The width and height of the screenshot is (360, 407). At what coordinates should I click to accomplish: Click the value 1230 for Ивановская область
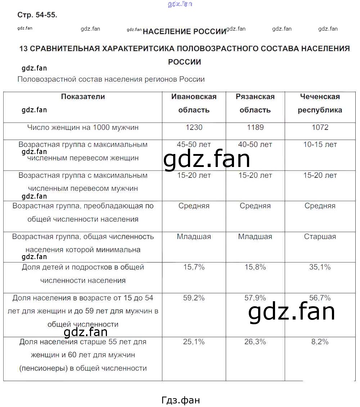click(194, 127)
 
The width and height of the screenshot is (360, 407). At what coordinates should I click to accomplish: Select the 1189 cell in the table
click(255, 127)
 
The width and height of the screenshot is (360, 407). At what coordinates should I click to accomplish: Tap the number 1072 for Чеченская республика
click(320, 127)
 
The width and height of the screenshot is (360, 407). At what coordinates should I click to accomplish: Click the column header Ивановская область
click(194, 103)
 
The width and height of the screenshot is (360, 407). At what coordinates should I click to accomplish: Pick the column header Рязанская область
click(255, 103)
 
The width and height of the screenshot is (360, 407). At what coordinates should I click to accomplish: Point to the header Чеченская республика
click(320, 103)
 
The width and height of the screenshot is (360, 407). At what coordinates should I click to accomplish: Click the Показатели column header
click(83, 96)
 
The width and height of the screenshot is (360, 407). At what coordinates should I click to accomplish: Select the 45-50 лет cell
click(194, 145)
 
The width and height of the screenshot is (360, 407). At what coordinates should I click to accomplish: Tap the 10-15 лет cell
click(320, 145)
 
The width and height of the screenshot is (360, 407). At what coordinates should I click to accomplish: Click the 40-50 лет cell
click(255, 145)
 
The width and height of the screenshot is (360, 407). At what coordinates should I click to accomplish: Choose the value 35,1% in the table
click(320, 267)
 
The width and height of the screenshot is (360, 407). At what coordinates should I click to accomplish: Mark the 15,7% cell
click(194, 267)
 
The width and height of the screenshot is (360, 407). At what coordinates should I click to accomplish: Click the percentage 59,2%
click(194, 298)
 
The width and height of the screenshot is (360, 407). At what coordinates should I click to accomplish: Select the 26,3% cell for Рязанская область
click(255, 342)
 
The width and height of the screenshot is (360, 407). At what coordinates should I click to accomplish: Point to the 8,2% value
click(320, 342)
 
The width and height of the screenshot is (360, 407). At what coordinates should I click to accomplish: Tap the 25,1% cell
click(194, 342)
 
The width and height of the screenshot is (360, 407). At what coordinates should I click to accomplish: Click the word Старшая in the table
click(320, 237)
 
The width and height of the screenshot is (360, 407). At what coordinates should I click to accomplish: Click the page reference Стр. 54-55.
click(37, 15)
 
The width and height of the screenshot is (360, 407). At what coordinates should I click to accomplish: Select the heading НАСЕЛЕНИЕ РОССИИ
click(184, 32)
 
